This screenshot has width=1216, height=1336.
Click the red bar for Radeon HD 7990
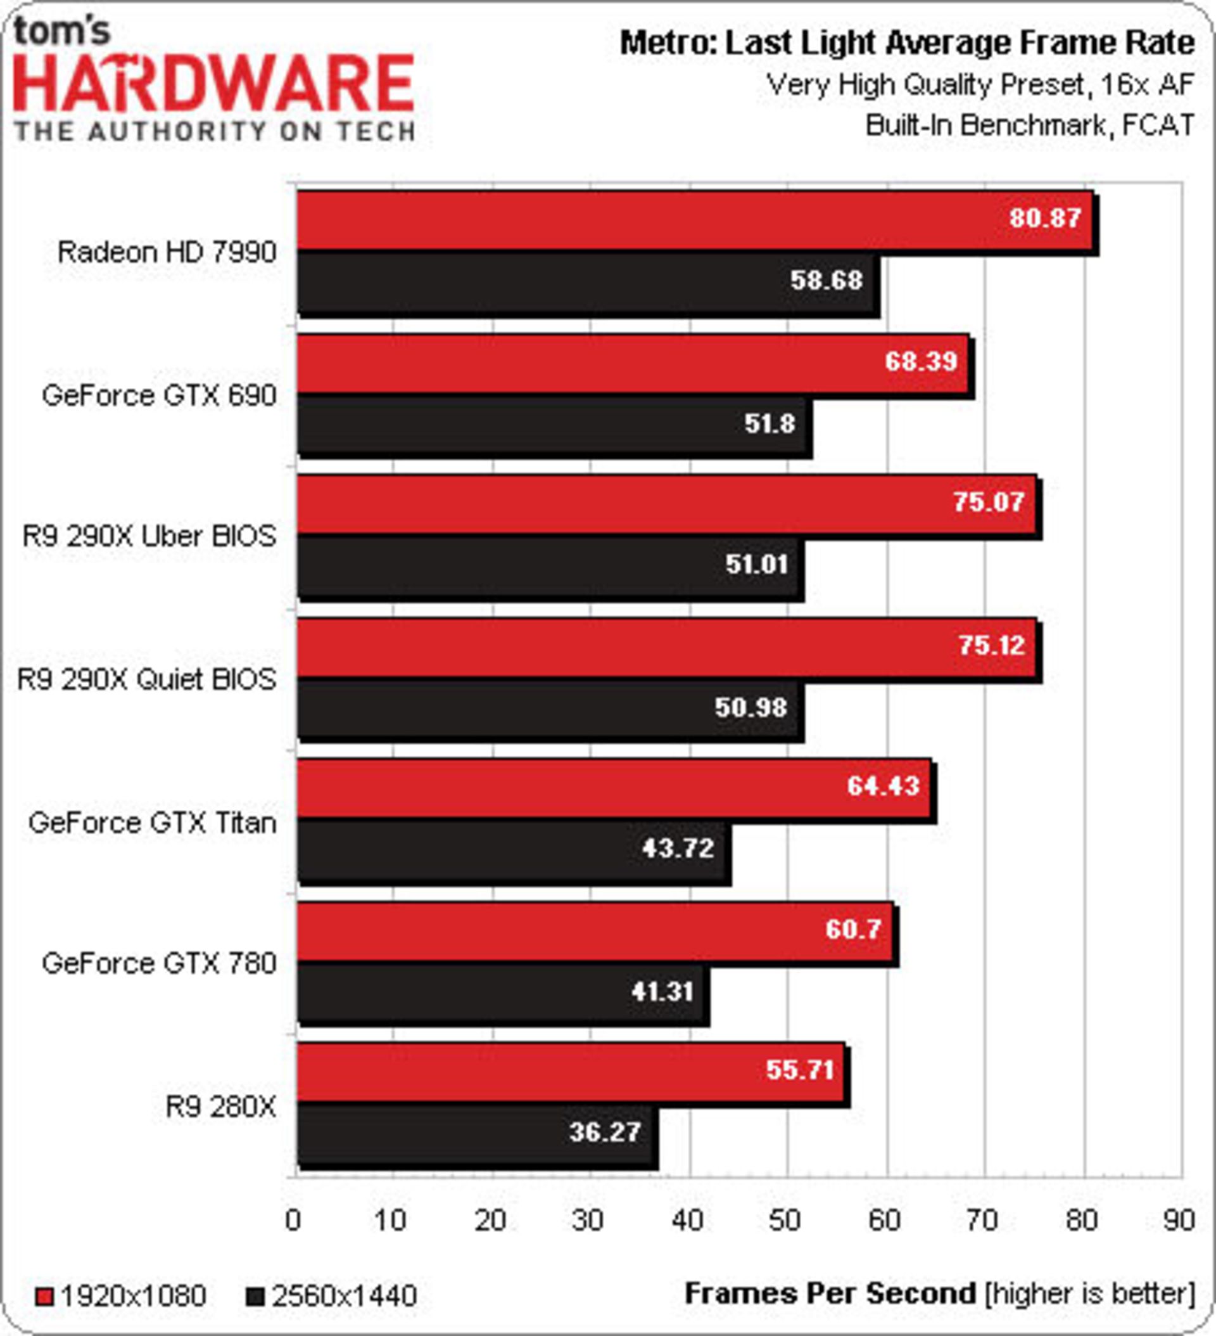(662, 221)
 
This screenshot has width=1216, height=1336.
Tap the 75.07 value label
(988, 502)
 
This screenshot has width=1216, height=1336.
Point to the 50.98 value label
(750, 708)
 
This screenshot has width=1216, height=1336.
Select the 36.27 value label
(605, 1132)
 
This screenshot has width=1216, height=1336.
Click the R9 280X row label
(220, 1107)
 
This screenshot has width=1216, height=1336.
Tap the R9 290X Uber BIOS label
(149, 536)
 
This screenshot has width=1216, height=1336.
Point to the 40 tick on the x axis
(687, 1220)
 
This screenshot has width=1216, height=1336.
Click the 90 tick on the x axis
(1179, 1220)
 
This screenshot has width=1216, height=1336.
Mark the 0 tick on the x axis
(293, 1220)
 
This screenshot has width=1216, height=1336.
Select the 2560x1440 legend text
(345, 1296)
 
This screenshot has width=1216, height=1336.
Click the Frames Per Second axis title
(830, 1293)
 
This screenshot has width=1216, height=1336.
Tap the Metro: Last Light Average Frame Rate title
(907, 44)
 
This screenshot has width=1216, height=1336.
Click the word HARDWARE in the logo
(214, 84)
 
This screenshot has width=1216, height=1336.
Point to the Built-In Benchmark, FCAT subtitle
(1030, 125)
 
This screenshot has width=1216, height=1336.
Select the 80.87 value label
(1044, 217)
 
